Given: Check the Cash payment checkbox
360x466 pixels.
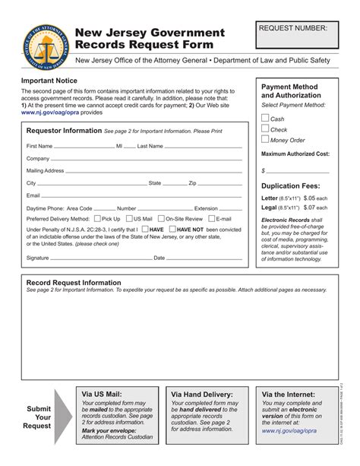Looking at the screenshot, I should [x=265, y=118].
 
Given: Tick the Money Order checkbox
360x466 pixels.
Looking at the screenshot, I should [x=265, y=139].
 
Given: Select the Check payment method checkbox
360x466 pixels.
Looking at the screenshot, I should [x=265, y=128].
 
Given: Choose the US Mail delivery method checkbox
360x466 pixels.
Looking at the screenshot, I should [x=128, y=218].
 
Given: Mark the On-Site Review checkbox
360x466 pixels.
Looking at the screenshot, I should [x=161, y=218].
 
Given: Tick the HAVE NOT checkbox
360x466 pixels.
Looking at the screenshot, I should [x=173, y=228].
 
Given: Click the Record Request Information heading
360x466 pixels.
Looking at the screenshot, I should [x=74, y=282].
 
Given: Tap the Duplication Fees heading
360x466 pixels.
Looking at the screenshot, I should [x=290, y=185].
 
